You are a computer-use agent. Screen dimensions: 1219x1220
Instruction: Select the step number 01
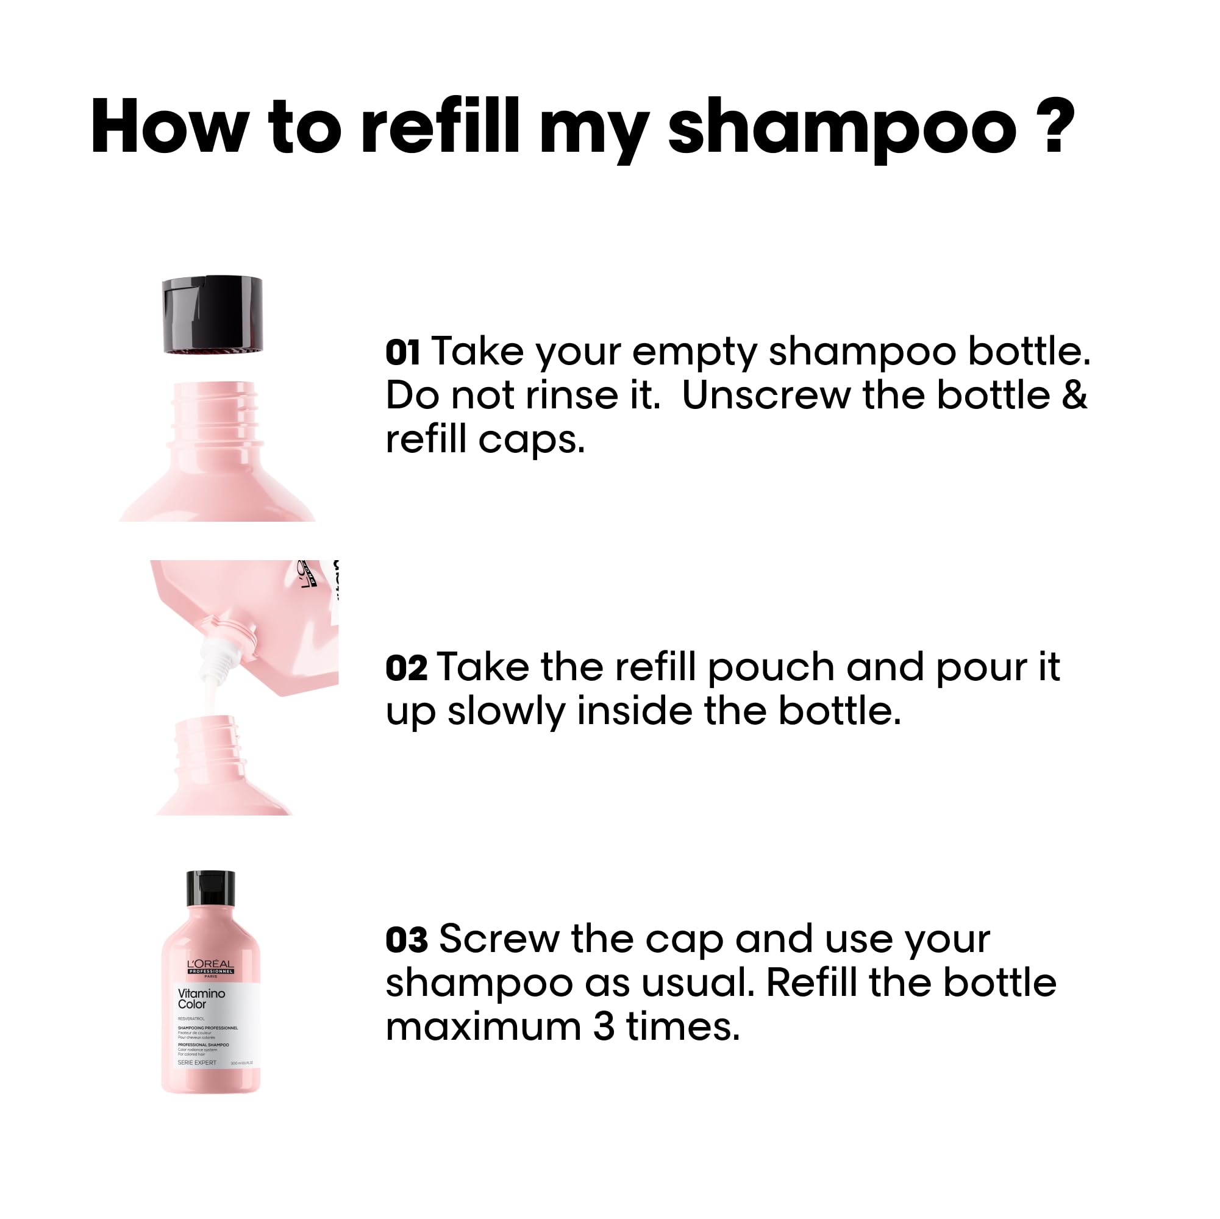[x=403, y=353]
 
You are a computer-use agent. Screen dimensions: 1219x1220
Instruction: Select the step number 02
[x=406, y=669]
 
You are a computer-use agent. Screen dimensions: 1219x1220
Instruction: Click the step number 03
[x=407, y=940]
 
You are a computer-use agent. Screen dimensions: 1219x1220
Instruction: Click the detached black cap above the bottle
[x=212, y=315]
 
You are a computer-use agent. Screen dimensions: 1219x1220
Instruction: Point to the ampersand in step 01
[x=1074, y=396]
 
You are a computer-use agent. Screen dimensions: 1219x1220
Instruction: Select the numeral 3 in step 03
[x=604, y=1027]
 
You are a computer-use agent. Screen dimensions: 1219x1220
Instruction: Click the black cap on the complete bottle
[x=210, y=889]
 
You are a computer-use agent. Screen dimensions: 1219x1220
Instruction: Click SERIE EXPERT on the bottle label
[x=196, y=1062]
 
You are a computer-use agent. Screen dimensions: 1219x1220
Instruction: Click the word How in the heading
[x=169, y=126]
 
